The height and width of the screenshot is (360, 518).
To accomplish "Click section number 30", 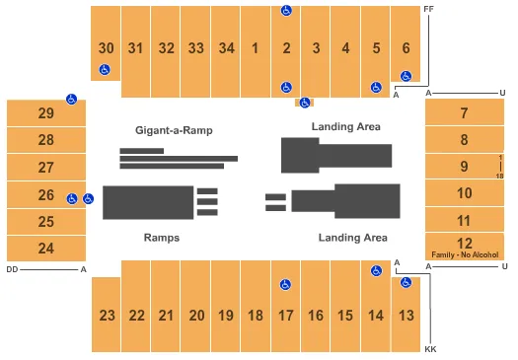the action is point(106,47).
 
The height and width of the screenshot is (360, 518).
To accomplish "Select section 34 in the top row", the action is point(226,47).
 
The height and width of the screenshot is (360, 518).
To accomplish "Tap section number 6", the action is point(406,47).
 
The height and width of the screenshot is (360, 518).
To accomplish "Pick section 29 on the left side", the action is point(45,113).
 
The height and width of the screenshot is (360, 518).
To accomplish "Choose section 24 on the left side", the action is point(45,249).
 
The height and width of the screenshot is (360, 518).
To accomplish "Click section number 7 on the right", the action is point(464,113).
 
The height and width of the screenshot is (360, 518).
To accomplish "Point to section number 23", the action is point(107,316).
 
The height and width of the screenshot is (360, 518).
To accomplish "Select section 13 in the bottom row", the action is point(406,316).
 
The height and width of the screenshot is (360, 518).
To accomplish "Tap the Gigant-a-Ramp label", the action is point(175,130).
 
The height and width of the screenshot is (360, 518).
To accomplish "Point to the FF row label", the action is point(428,9).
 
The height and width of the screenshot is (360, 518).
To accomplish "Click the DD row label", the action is point(12,268).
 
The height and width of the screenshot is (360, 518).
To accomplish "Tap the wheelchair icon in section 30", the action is point(105,70).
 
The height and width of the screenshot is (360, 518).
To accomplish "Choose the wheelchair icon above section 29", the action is point(71,99).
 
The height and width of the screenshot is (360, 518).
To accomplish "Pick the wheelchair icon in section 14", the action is point(375,270).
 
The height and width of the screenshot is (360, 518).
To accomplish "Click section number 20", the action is point(196,316).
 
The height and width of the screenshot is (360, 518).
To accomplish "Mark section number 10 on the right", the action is point(464,192).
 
